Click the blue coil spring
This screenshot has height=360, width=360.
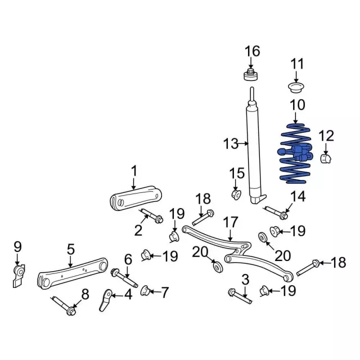click(x=296, y=154)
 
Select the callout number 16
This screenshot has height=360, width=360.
click(x=253, y=51)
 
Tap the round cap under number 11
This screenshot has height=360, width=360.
click(x=296, y=88)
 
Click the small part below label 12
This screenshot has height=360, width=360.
click(x=326, y=159)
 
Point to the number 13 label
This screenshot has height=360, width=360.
click(x=231, y=144)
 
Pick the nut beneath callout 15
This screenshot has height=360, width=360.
click(x=236, y=194)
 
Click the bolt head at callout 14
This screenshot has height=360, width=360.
click(x=284, y=216)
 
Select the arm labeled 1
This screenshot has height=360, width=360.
click(x=136, y=198)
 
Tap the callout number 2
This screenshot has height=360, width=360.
click(x=138, y=230)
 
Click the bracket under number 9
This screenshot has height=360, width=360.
click(x=19, y=276)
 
